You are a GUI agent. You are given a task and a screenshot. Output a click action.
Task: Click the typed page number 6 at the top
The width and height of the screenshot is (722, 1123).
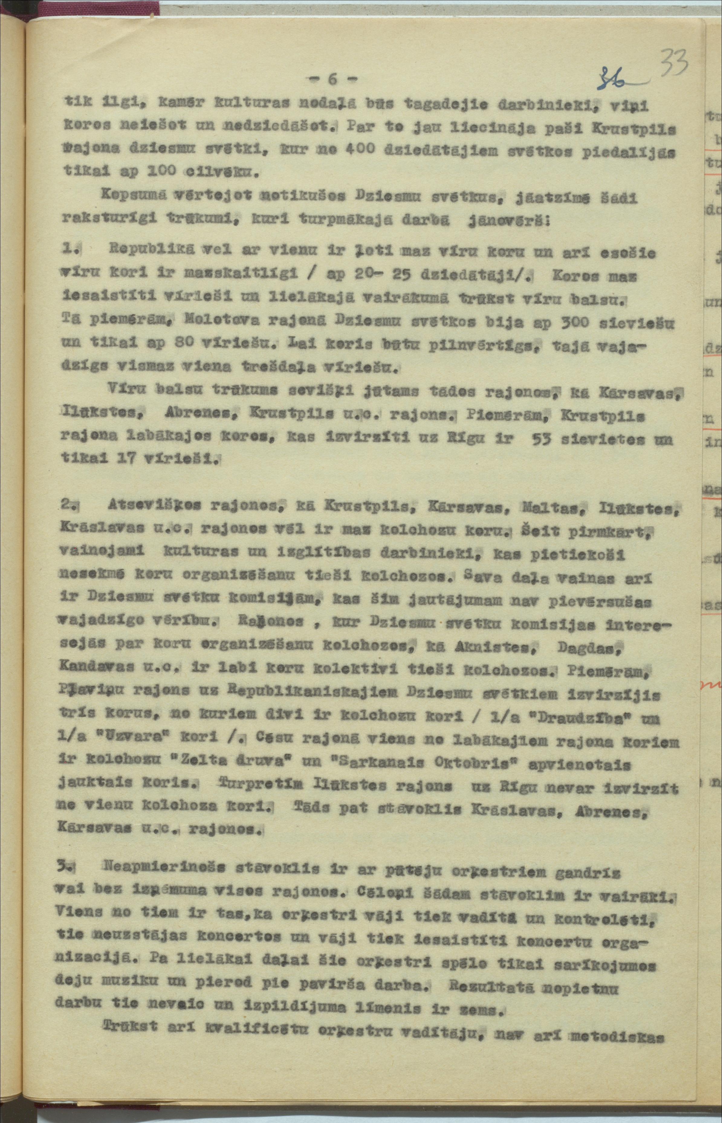point(332,79)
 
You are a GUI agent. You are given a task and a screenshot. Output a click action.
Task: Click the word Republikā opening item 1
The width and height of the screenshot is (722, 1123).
point(150,251)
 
